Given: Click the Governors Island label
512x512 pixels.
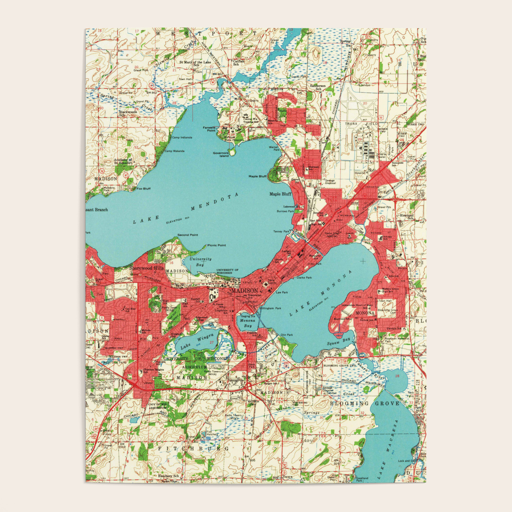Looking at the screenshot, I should pos(221,154).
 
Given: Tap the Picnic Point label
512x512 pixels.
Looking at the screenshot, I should pos(217,245).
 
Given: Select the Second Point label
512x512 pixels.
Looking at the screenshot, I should pos(188,235).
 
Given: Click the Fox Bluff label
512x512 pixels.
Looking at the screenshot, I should pos(144,188).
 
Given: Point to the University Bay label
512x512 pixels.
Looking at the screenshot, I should pos(200,262).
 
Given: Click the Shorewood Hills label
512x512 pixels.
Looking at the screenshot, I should pos(146,268).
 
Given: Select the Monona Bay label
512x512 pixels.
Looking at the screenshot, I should pos(247,323).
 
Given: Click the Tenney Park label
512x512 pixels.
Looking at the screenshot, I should pos(281,231).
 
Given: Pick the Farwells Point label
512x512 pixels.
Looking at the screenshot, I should pos(209,129).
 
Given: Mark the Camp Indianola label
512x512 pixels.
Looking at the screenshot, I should pos(182,138).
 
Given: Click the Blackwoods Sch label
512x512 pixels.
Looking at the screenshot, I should pos(128,113).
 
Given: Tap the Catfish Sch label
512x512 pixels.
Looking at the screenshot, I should pos(239,63).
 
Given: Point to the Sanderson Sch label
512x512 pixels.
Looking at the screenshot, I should pos(317,87).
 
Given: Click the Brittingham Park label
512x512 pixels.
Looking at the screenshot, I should pos(270,308).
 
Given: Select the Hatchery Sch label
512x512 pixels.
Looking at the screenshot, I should pos(168,476).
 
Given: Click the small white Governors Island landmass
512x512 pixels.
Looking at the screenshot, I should pos(232,152).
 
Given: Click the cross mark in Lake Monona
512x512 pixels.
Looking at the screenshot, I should pos(363,261).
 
